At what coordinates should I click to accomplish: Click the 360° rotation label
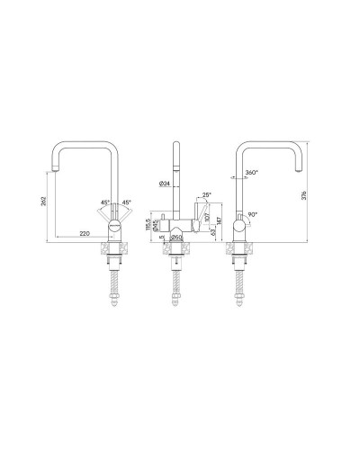250,173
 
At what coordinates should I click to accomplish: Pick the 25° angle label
206,194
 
